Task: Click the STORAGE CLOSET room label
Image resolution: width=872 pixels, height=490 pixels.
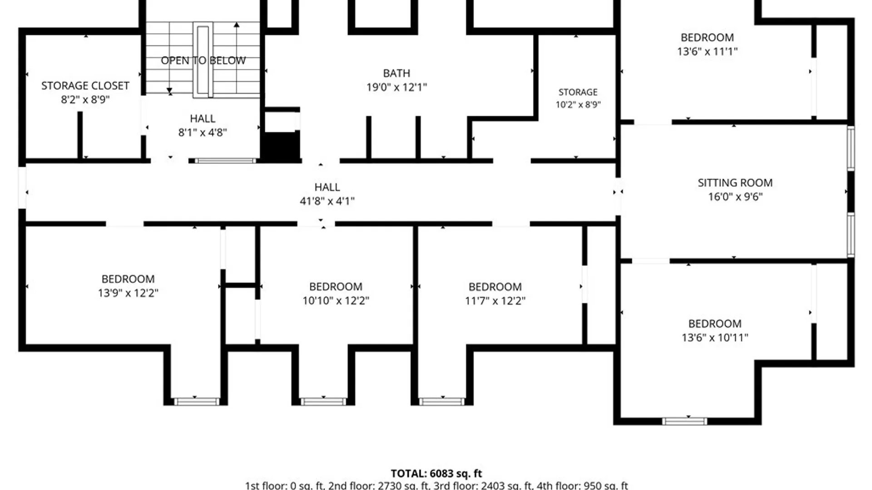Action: coord(85,86)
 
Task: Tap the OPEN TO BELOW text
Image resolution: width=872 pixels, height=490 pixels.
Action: coord(203,60)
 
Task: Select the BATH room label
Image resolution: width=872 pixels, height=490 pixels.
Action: coord(396,73)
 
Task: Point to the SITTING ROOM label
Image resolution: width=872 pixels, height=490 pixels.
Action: coord(735,183)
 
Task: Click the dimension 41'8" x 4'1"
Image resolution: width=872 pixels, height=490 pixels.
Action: coord(327,201)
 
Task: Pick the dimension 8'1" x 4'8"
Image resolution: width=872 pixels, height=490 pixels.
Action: coord(203,132)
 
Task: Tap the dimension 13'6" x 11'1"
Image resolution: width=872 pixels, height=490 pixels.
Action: coord(707,51)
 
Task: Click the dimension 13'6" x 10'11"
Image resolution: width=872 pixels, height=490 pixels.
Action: coord(715,338)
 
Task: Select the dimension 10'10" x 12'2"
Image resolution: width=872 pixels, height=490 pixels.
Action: coord(336,300)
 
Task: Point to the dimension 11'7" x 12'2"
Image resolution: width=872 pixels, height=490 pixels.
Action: coord(495,300)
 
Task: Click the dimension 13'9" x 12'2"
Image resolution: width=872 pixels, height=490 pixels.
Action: coord(128,293)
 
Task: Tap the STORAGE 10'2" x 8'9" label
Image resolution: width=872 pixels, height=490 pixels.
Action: coord(578,98)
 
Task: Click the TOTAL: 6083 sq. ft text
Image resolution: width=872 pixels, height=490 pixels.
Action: coord(436,474)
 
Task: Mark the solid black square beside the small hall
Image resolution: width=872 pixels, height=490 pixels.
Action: coord(282,146)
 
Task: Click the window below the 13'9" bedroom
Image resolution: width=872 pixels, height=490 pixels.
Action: coord(197,402)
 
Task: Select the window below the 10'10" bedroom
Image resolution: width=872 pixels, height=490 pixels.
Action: coord(323,402)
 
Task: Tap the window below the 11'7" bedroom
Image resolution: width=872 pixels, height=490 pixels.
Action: coord(442,402)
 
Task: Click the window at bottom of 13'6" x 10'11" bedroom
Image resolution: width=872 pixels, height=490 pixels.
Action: coord(684,421)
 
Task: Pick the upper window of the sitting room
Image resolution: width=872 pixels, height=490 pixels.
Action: coord(851,148)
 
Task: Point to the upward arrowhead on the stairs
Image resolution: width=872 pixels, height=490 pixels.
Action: coord(237,24)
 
